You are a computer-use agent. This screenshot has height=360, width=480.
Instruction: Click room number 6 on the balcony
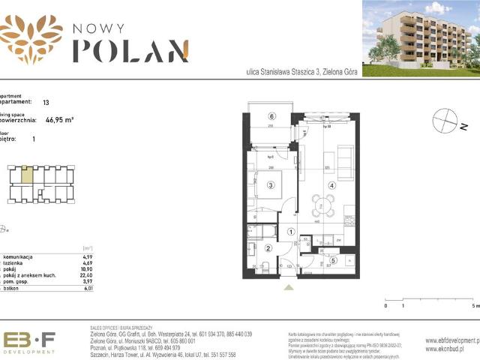272,115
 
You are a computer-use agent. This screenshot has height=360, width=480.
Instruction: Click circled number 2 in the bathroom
268,249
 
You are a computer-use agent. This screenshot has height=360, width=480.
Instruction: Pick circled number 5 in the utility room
333,260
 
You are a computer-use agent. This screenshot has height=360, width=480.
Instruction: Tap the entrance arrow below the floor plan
288,286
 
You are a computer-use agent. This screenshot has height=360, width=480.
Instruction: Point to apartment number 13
46,101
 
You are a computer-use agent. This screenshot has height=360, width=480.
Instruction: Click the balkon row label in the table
11,286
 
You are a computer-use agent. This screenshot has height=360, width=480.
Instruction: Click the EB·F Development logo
29,342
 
